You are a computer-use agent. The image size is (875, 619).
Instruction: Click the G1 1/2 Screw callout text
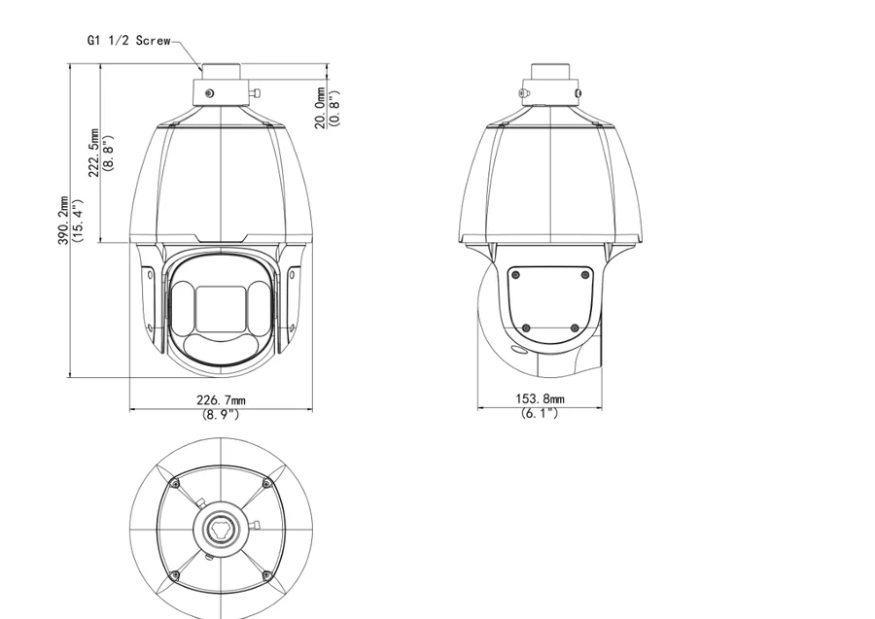coord(129,40)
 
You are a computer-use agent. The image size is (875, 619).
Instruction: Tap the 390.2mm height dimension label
coord(63,221)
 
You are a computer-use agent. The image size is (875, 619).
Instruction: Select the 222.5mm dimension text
coord(93,153)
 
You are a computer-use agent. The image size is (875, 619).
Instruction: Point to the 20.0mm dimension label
coord(320,108)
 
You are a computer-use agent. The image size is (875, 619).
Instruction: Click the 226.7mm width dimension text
coord(221,399)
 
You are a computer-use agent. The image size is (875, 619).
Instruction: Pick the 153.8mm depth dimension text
coord(540,398)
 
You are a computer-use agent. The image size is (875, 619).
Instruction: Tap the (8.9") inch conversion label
coord(221,414)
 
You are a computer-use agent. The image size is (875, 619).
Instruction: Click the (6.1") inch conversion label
coord(540,413)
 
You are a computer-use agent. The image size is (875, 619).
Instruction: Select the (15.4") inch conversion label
coord(78,221)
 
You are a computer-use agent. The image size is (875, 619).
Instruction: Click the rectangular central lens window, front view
coord(221,309)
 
